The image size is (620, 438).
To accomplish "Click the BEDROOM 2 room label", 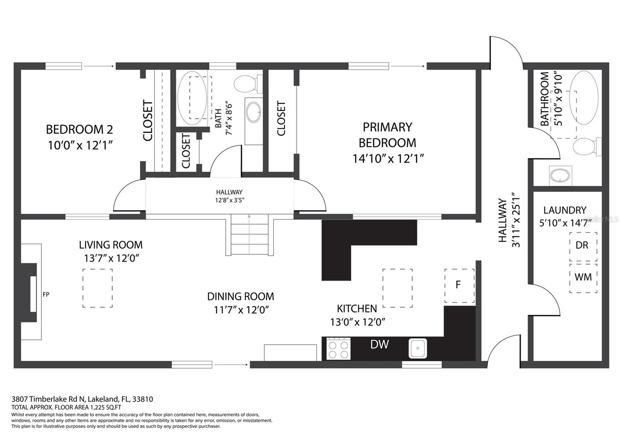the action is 79,129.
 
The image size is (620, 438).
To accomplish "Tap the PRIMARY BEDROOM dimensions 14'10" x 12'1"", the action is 388,159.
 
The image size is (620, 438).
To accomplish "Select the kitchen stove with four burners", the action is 338,348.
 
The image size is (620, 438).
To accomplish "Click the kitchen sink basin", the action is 418,348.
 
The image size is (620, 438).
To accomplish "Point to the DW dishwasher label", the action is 379,344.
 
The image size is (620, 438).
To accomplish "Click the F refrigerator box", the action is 460,285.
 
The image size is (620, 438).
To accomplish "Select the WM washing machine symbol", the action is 583,278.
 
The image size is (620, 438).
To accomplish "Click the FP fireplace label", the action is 46,295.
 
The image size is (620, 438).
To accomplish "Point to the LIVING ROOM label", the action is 111,245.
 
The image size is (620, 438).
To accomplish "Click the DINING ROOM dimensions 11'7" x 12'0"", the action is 241,310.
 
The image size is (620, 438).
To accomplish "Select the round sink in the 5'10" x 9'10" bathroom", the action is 560,176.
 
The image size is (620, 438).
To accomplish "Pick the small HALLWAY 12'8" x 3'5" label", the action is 229,196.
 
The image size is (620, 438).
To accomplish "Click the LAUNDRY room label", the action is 565,210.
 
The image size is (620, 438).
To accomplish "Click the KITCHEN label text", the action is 357,309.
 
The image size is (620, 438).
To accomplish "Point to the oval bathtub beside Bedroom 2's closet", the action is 192,98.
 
